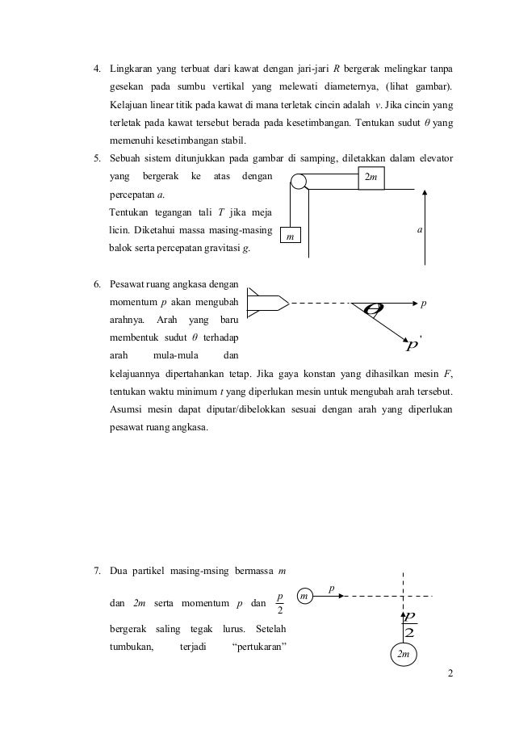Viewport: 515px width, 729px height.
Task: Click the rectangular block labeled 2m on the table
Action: pos(371,178)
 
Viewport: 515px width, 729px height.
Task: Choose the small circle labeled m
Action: pos(305,596)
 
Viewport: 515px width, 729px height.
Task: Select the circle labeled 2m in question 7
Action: pos(403,655)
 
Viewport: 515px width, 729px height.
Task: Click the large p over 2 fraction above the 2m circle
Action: pos(409,625)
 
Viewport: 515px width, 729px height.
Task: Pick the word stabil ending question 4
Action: pos(210,139)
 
